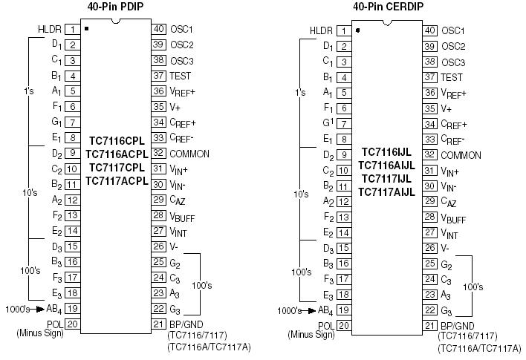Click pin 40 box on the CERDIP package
click(x=430, y=30)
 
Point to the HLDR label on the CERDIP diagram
click(x=321, y=30)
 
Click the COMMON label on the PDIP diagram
click(x=189, y=154)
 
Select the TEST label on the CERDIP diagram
click(x=452, y=76)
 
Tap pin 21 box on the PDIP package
click(x=158, y=324)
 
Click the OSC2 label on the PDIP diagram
click(x=182, y=45)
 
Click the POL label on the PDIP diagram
click(x=53, y=324)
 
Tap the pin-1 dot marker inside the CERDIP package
click(x=358, y=30)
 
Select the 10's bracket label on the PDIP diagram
click(x=30, y=193)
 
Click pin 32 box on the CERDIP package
click(x=430, y=154)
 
